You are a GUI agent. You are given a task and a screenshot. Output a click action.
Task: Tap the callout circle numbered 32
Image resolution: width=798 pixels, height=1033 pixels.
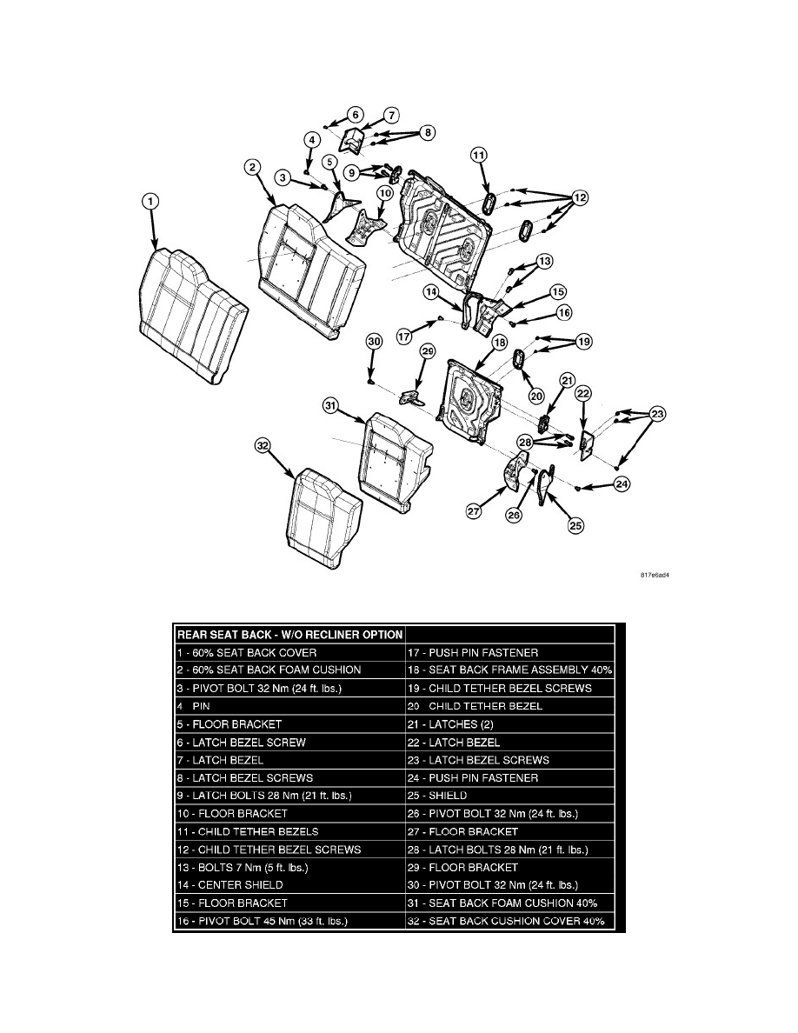263,446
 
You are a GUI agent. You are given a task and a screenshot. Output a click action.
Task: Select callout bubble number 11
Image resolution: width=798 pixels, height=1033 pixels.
478,156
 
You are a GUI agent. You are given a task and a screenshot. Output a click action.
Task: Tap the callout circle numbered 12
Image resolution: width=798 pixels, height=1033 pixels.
580,198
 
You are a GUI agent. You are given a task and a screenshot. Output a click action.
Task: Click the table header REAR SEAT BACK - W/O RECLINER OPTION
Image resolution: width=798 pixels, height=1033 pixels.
289,634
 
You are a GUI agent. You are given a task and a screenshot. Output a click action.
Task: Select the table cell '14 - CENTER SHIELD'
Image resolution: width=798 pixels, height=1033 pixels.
231,884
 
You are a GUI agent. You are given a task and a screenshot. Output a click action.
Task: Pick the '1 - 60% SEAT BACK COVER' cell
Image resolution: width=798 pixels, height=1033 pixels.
247,652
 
